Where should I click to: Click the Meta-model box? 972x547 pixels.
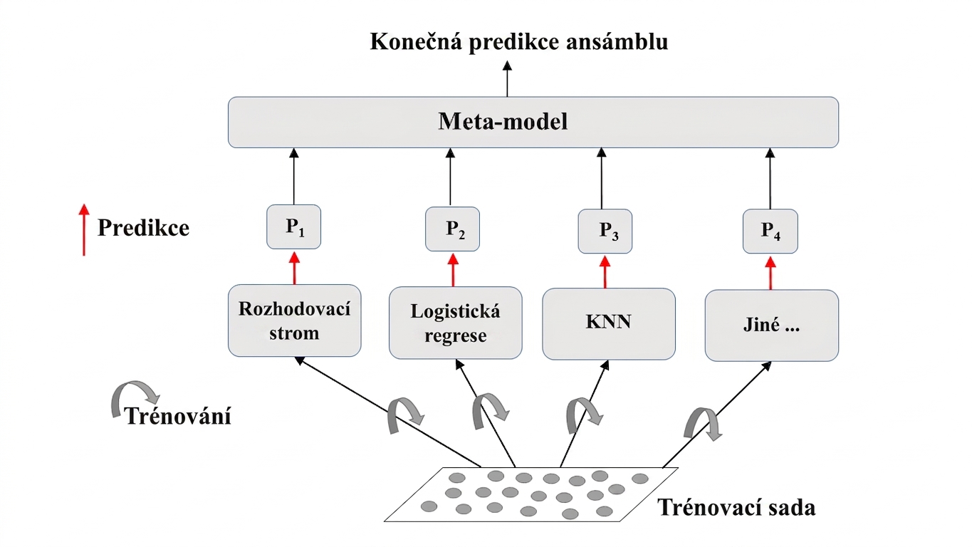533,122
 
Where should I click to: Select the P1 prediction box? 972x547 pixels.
294,226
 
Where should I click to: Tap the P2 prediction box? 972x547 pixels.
453,229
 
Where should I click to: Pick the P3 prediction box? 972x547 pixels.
605,231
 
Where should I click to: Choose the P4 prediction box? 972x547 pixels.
770,231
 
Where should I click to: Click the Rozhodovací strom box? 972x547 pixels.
295,321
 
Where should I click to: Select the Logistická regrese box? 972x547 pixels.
456,323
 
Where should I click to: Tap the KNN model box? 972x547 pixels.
609,324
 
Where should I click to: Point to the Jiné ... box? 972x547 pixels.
772,325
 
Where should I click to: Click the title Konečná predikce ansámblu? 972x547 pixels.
519,42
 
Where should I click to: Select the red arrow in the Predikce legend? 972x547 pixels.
84,229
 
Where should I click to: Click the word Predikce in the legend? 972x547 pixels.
144,228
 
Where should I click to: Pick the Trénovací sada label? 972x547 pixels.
736,507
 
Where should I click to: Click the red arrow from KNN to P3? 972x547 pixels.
605,272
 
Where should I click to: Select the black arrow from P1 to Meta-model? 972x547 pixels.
294,176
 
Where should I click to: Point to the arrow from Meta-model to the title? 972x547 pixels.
507,79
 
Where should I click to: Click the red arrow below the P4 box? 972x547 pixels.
770,273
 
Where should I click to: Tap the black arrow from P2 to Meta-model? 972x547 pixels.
450,177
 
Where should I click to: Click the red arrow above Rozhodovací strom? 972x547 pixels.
294,269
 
